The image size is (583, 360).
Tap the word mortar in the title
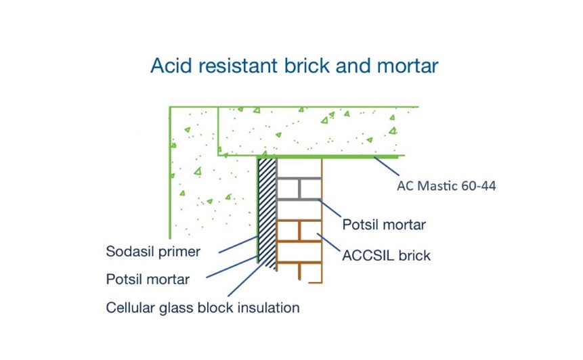(409, 66)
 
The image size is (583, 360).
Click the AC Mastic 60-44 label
(446, 185)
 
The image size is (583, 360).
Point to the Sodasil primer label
(153, 252)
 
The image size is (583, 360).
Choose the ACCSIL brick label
(386, 256)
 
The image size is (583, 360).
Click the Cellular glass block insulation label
(202, 308)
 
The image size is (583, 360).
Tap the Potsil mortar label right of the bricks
(384, 224)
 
